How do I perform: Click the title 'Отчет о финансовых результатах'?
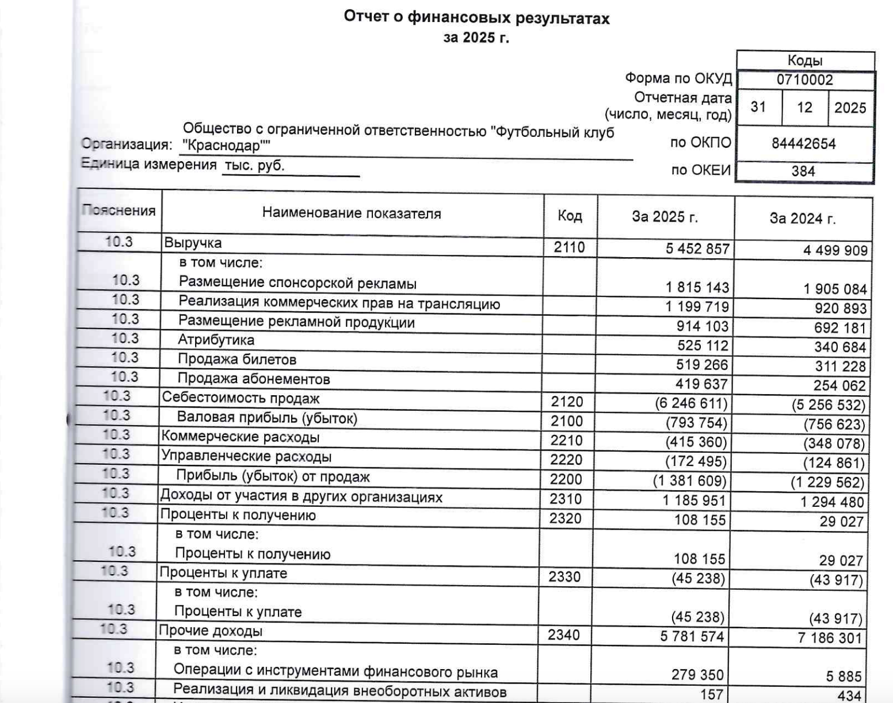476,18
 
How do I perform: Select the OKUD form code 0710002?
804,80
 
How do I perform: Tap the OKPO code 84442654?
803,143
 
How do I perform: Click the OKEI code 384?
803,171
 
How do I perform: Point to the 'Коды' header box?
804,60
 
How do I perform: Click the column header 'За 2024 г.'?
802,218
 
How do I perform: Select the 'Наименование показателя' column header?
352,213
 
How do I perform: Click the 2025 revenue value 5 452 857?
697,249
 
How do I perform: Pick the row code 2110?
569,247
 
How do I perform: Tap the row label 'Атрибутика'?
216,340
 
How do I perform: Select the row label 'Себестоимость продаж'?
241,398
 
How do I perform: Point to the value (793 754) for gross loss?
696,423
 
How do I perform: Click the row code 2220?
566,460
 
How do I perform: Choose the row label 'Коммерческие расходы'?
240,437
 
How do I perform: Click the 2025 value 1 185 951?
694,500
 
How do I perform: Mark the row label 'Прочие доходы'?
211,631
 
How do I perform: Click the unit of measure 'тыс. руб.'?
254,166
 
